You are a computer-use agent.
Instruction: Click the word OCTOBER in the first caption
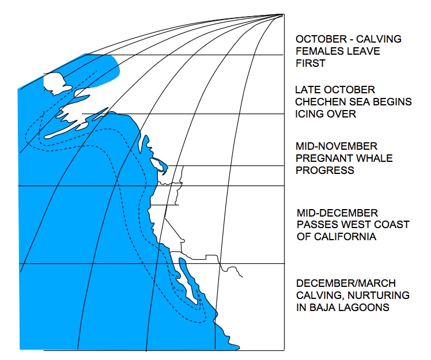coord(318,39)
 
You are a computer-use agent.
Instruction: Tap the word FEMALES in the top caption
coord(318,51)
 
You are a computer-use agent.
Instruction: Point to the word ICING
coord(309,114)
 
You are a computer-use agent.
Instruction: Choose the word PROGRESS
coord(325,170)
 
